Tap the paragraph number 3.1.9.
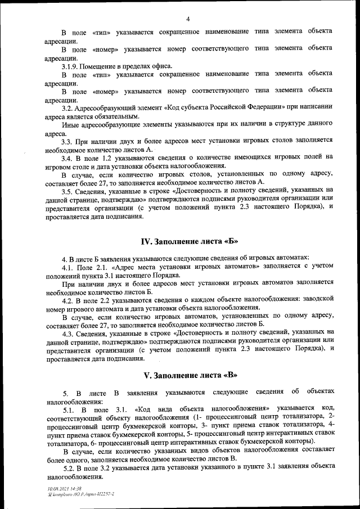(70, 66)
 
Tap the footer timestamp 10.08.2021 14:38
(64, 488)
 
